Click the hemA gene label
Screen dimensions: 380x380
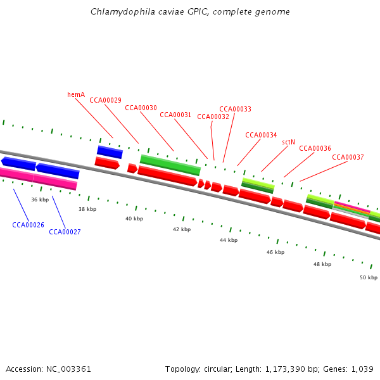pyautogui.click(x=76, y=94)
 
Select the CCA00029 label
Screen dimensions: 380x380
pyautogui.click(x=105, y=100)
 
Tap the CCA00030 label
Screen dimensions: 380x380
pyautogui.click(x=141, y=108)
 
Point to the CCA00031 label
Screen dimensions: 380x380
pyautogui.click(x=175, y=115)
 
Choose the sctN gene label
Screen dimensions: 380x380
pyautogui.click(x=288, y=142)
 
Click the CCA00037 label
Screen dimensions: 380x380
pyautogui.click(x=348, y=157)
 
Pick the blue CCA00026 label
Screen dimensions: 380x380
pyautogui.click(x=28, y=225)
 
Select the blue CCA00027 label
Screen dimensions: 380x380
pyautogui.click(x=65, y=232)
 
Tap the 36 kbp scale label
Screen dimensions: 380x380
pyautogui.click(x=40, y=199)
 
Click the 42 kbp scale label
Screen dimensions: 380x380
pyautogui.click(x=182, y=229)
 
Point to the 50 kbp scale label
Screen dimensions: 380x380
pyautogui.click(x=369, y=277)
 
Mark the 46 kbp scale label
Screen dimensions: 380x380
pyautogui.click(x=275, y=252)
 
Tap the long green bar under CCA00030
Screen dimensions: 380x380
pyautogui.click(x=170, y=165)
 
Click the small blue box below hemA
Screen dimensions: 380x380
pyautogui.click(x=110, y=152)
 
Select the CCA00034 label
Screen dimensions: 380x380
pyautogui.click(x=261, y=135)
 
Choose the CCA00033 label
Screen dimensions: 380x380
pyautogui.click(x=235, y=109)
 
